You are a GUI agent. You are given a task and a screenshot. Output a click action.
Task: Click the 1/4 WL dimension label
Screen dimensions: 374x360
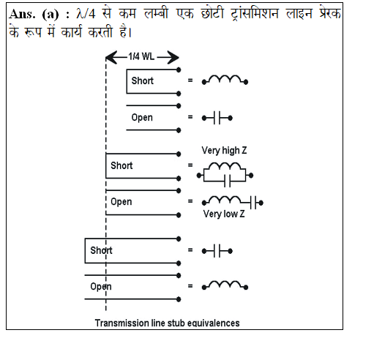click(x=141, y=56)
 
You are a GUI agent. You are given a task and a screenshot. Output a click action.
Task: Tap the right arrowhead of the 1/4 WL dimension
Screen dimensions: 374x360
click(x=173, y=58)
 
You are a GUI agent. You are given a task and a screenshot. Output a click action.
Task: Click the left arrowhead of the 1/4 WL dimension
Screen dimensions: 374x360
click(x=111, y=58)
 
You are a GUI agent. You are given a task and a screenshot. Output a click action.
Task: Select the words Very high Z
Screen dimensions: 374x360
click(x=224, y=150)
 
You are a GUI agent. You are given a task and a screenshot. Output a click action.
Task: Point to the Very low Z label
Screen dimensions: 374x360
click(x=224, y=214)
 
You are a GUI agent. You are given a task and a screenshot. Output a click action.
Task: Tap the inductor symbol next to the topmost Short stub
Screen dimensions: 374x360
click(x=225, y=80)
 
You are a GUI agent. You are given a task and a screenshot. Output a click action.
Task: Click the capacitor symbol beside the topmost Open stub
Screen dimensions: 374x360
click(x=217, y=118)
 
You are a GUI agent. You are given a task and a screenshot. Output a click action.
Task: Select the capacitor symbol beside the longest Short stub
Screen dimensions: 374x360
click(x=217, y=251)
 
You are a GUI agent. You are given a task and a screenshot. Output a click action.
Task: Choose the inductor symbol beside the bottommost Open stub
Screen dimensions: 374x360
click(x=225, y=285)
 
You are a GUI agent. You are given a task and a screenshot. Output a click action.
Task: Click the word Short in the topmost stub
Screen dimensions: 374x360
click(x=143, y=80)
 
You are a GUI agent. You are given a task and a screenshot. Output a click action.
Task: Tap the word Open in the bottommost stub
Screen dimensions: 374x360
click(x=101, y=287)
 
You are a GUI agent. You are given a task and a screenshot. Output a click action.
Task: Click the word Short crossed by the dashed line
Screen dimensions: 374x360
click(x=101, y=250)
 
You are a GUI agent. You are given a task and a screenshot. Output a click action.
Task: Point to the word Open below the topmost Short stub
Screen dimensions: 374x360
click(x=142, y=118)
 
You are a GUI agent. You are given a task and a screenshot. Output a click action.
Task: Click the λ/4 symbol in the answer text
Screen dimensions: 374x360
click(x=86, y=13)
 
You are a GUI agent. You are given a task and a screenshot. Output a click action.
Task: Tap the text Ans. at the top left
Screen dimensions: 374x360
click(x=22, y=14)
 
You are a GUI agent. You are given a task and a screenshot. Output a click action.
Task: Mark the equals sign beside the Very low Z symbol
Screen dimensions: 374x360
click(x=190, y=201)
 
